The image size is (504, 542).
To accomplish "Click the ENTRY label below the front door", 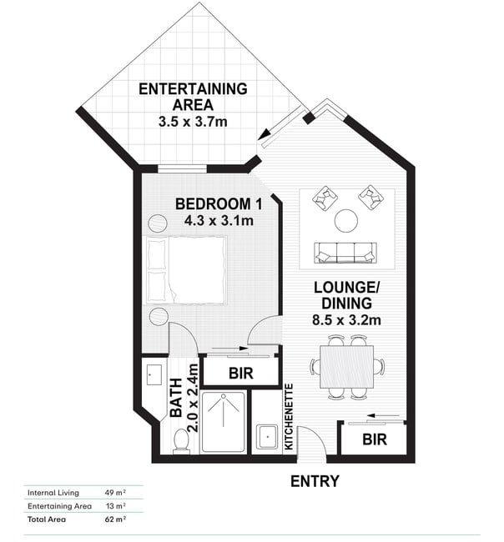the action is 315,481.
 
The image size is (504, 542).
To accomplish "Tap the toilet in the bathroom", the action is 181,441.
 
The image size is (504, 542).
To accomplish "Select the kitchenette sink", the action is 267,437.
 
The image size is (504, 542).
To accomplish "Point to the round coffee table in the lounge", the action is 346,221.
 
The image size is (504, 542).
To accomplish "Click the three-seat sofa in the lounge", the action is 345,253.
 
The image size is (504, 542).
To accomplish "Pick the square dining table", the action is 346,366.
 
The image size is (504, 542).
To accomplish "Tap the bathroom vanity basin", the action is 154,374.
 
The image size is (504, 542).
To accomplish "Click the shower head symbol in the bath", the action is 223,396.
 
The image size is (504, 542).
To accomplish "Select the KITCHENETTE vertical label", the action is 289,417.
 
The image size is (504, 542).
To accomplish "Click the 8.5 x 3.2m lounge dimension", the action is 346,319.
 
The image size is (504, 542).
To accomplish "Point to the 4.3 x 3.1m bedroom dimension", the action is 219,220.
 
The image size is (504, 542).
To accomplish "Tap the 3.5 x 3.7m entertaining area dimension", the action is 193,122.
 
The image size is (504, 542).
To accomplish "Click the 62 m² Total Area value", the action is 115,519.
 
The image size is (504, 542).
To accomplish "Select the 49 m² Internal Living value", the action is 115,493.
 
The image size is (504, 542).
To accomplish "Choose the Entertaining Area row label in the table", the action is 59,506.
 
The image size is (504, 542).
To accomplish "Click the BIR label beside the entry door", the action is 375,439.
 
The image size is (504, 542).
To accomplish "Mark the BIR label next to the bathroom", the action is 241,374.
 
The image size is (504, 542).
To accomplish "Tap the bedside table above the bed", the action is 158,223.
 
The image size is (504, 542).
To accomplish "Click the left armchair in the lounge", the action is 325,198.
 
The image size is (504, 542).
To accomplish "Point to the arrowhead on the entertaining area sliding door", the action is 264,134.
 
